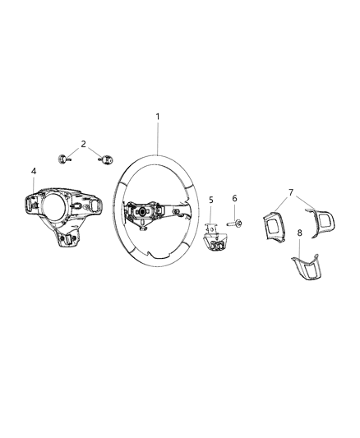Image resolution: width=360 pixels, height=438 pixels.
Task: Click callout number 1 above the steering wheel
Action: pos(158,117)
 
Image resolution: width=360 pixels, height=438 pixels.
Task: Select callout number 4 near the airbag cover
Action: pos(34,171)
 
